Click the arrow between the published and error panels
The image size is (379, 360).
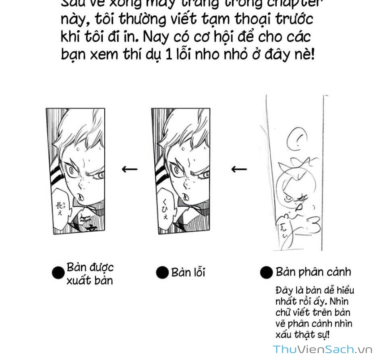click(x=129, y=169)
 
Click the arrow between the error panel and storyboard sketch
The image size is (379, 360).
click(x=239, y=169)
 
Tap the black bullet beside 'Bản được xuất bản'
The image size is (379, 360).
click(x=58, y=273)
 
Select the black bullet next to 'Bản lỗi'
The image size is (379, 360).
click(x=162, y=273)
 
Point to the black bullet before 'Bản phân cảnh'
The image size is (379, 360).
click(x=266, y=273)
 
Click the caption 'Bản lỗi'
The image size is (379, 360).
click(x=188, y=272)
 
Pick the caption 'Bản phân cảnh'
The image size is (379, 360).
click(x=313, y=272)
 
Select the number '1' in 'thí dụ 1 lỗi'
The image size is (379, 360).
click(x=169, y=54)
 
